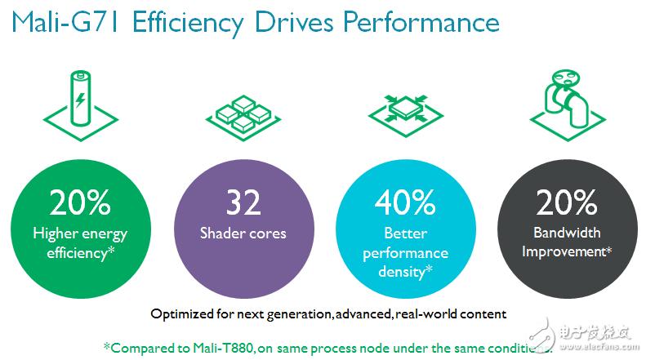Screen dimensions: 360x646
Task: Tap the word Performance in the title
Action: click(x=421, y=24)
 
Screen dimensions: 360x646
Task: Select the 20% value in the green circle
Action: click(x=80, y=202)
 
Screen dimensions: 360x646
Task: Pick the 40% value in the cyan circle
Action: click(x=406, y=202)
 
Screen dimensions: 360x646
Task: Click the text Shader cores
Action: click(x=243, y=233)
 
